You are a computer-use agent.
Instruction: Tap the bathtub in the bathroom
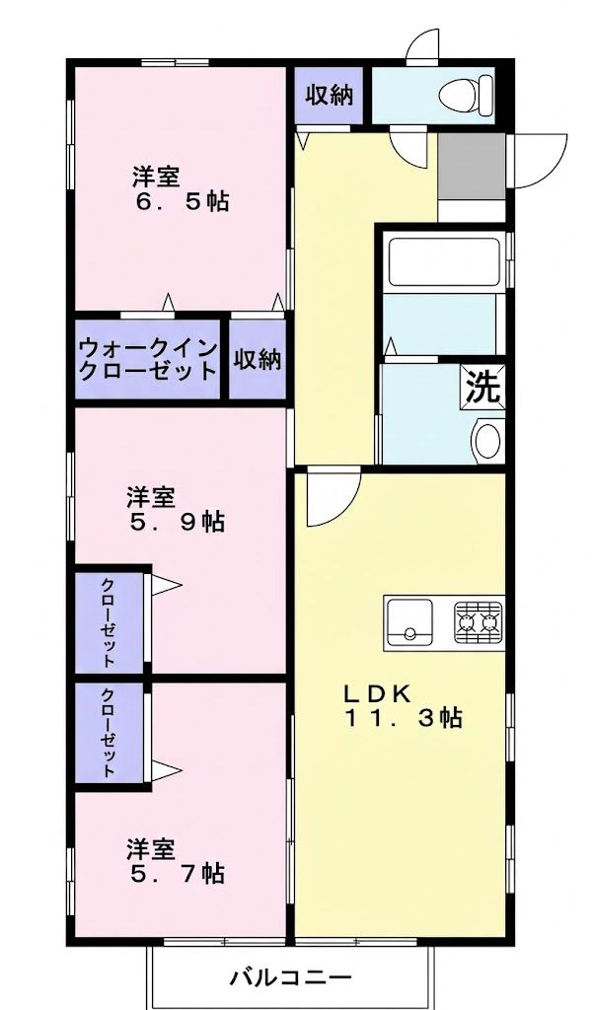click(438, 259)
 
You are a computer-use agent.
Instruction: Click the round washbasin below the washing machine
click(488, 439)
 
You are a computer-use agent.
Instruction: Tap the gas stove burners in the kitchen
click(479, 621)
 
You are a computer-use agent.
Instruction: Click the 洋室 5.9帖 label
click(176, 508)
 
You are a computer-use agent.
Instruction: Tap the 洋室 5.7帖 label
click(176, 860)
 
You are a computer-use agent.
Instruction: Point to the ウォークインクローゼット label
click(147, 359)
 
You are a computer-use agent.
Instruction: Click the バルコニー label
click(291, 978)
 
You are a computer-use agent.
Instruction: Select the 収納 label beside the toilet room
click(329, 96)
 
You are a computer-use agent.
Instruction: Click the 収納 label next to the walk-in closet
click(257, 359)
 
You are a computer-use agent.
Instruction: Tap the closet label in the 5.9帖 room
click(108, 620)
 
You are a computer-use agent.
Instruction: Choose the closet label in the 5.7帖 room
click(108, 733)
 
